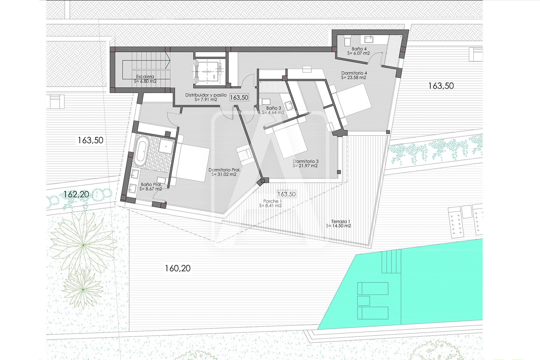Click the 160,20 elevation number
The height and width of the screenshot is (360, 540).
point(178,268)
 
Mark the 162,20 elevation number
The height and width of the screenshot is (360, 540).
point(76,194)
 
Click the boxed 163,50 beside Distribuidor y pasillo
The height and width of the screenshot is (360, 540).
point(239,98)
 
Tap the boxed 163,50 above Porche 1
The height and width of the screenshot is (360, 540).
point(286,194)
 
